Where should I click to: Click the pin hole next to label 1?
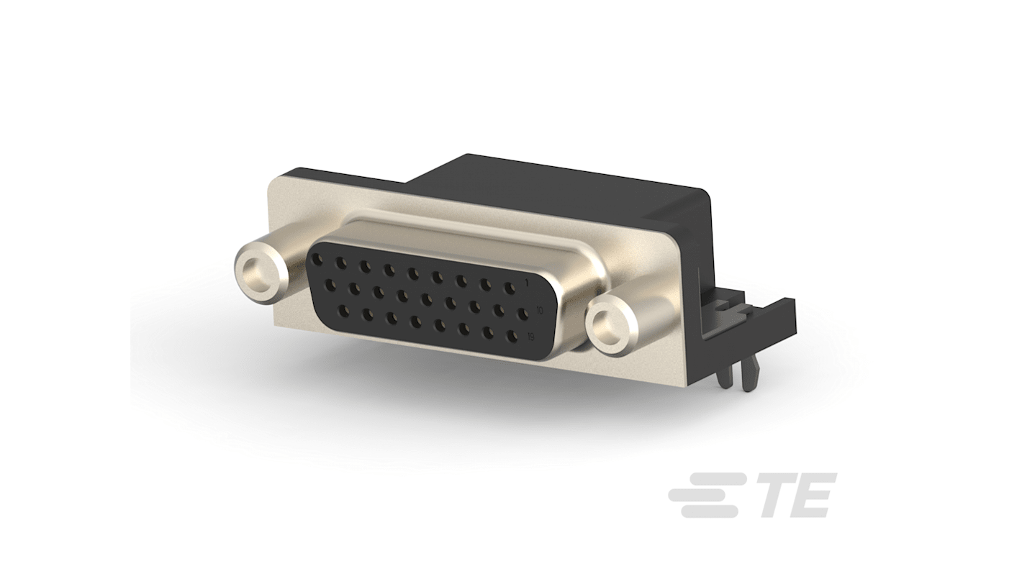(x=510, y=288)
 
